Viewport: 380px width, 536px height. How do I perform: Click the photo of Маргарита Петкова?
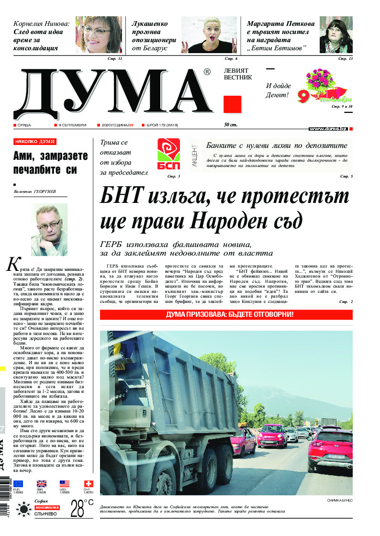coord(335,34)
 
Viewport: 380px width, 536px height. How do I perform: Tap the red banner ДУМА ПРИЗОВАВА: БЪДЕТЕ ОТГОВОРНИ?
coord(226,315)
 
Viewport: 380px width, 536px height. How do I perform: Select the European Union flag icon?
coord(18,484)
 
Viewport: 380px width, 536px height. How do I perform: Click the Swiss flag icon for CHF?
coord(89,484)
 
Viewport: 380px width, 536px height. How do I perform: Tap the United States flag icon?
coord(65,484)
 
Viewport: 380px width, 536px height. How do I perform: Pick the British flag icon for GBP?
coord(42,484)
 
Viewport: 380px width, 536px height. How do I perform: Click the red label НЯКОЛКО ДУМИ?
coord(35,142)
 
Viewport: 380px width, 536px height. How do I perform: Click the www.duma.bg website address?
coord(328,129)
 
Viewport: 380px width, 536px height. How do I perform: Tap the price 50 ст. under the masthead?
coord(231,125)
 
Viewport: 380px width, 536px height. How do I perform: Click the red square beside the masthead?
coord(232,104)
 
